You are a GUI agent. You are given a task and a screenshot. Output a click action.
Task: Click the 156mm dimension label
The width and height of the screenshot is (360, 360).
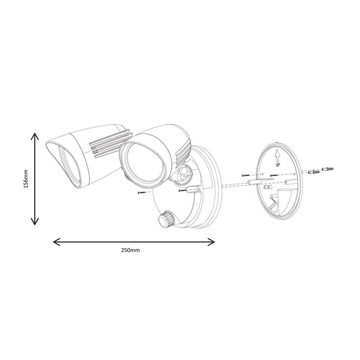[25, 179]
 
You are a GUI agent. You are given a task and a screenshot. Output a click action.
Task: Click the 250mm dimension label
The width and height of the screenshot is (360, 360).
[130, 250]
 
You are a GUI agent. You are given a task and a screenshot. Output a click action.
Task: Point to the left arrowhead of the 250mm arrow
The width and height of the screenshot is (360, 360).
[56, 242]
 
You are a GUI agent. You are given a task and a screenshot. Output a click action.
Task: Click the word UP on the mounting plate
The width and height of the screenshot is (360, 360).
[278, 165]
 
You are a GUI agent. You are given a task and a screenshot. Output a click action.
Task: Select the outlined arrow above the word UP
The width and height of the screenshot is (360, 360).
[277, 155]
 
